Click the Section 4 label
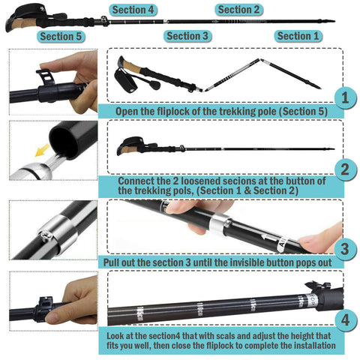133,10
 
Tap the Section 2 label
238,10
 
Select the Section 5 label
61,37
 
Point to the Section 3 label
187,36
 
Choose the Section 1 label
298,36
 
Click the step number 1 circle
345,97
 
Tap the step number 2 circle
345,169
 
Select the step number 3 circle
345,249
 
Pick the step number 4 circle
345,319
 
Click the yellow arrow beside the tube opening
42,150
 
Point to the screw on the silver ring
46,235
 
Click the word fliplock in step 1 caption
173,112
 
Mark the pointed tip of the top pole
334,22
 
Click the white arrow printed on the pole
269,238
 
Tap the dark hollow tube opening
64,142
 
